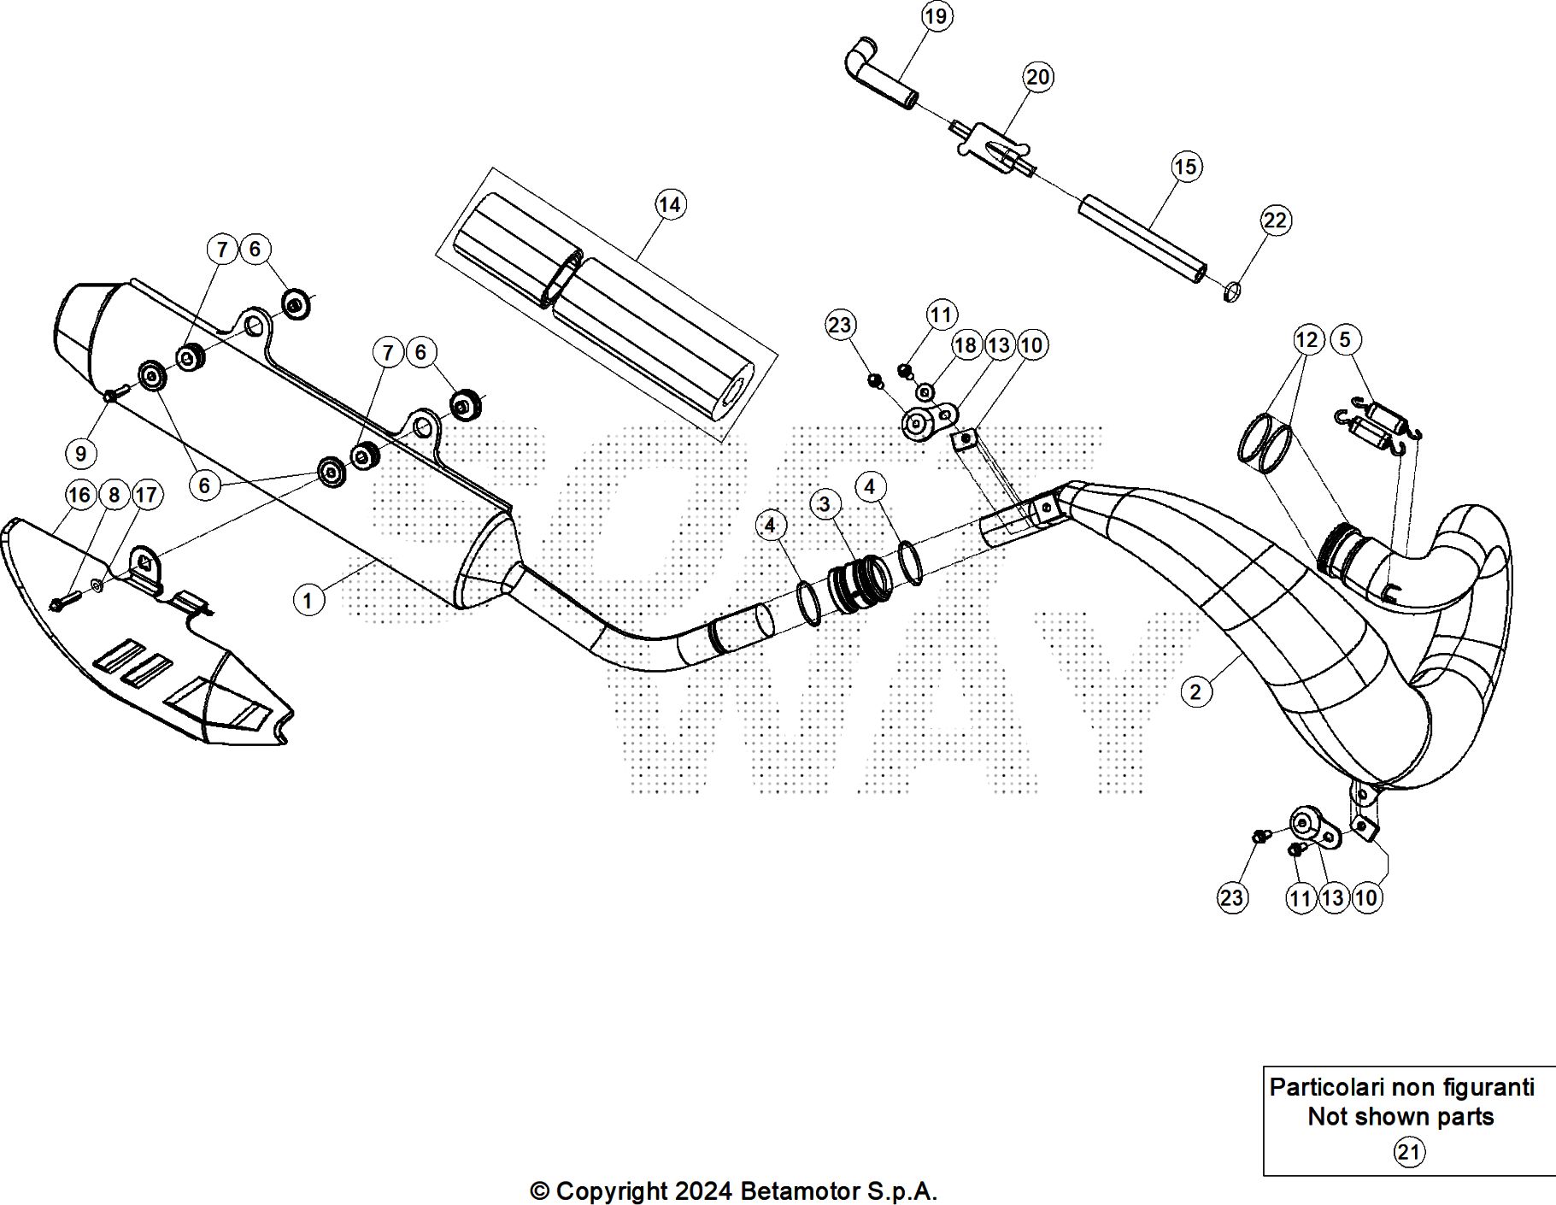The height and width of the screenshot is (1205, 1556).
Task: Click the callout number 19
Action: click(937, 16)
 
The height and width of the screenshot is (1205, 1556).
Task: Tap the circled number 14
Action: click(670, 204)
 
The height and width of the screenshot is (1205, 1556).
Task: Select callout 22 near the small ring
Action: click(1274, 220)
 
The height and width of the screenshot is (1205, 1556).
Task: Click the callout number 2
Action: click(1195, 691)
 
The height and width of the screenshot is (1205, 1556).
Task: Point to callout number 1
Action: click(308, 600)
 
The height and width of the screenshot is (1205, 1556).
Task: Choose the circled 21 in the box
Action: click(1408, 1153)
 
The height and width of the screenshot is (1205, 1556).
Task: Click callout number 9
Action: click(81, 452)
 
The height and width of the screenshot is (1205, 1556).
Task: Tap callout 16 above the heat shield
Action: click(79, 495)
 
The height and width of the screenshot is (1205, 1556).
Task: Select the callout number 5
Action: click(1344, 339)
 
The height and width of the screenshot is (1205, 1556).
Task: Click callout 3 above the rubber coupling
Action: click(824, 504)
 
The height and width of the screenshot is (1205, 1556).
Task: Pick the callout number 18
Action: click(966, 345)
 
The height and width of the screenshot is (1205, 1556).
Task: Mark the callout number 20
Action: click(1037, 77)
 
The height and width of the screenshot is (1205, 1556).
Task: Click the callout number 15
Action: click(1186, 166)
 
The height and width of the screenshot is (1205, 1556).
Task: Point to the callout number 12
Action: click(1306, 339)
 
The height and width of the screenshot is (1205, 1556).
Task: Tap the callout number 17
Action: click(146, 495)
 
